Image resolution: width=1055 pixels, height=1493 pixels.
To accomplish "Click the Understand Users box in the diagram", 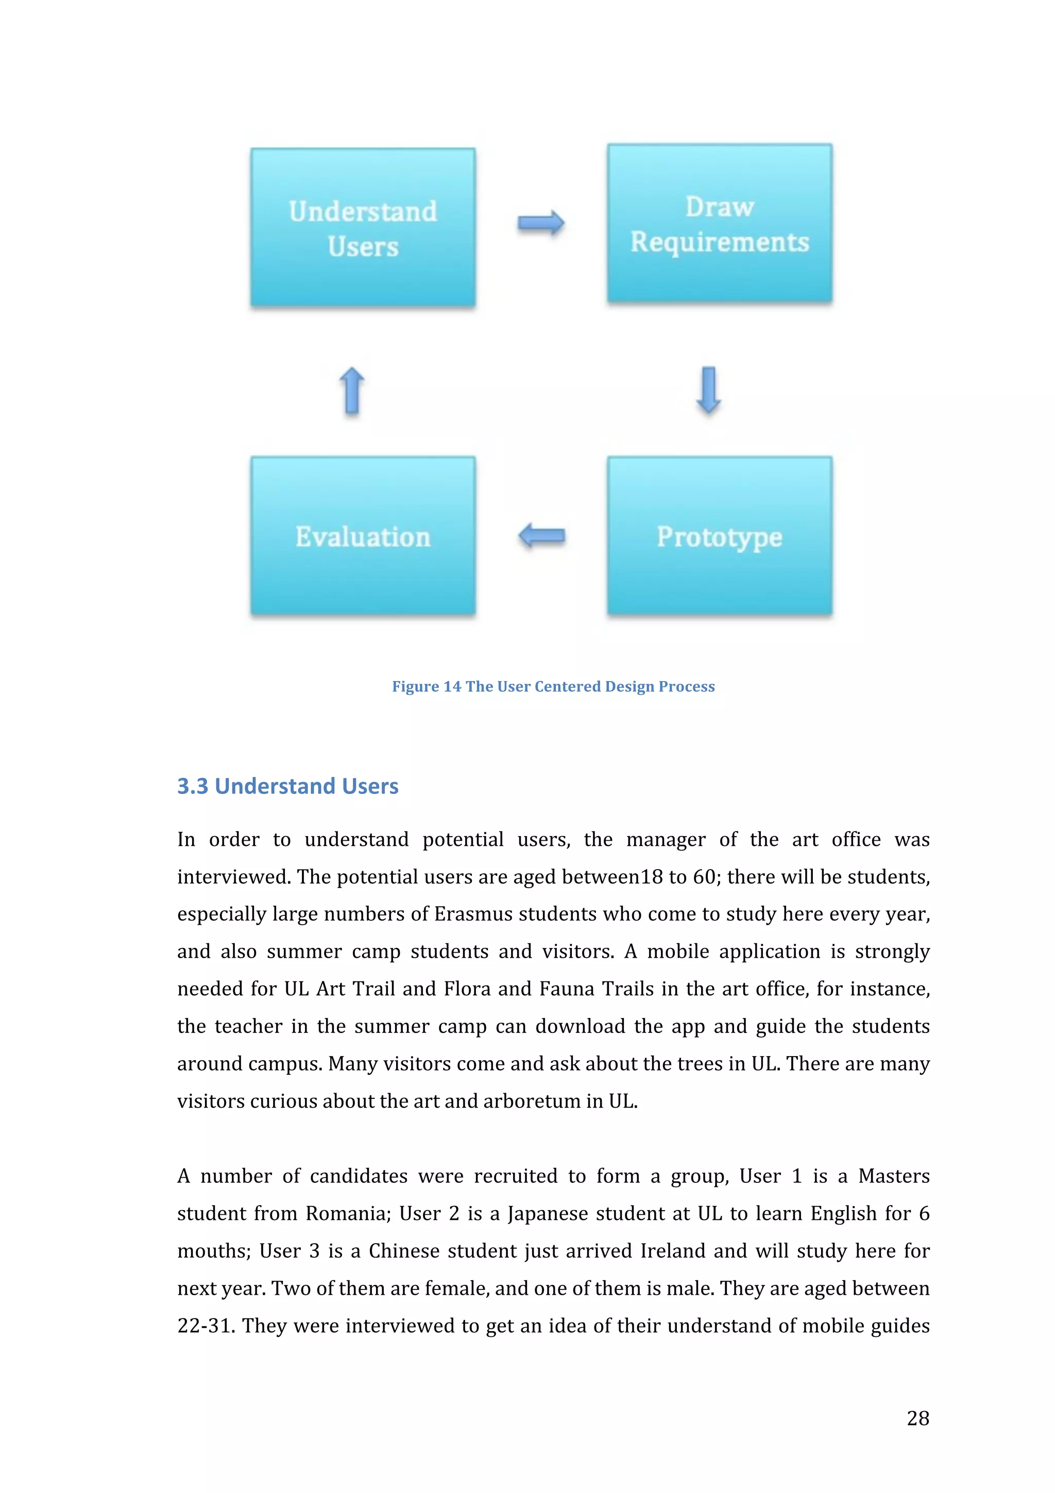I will point(363,228).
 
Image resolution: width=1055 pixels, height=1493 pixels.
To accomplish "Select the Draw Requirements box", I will point(719,223).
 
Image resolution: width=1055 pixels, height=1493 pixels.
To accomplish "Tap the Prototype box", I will point(719,536).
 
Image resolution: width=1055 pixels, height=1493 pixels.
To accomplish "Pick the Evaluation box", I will point(363,536).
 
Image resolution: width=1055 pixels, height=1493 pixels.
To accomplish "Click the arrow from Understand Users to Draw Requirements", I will point(541,223).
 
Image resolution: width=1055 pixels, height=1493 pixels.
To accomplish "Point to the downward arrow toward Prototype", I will point(708,389).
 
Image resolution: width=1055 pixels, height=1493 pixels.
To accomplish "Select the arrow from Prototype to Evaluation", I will point(541,536).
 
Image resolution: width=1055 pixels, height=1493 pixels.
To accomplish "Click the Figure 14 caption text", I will point(553,687).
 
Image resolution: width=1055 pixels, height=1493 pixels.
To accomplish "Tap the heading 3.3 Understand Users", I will point(288,786).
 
